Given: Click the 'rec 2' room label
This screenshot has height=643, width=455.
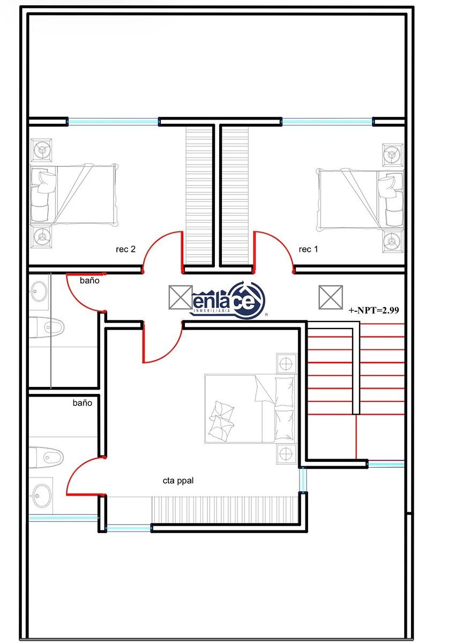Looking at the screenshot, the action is [125, 249].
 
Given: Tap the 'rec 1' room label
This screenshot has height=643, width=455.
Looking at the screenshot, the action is [308, 249].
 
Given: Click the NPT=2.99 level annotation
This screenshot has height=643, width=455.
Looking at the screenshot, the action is [374, 310].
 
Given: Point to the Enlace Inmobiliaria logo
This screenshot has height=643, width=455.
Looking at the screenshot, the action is [228, 300].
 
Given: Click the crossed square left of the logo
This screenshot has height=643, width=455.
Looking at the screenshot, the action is [181, 297].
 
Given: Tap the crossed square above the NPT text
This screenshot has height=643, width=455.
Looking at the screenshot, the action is [331, 297].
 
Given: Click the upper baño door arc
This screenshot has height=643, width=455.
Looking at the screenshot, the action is [78, 300].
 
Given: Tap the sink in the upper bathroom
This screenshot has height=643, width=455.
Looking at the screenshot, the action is [39, 291].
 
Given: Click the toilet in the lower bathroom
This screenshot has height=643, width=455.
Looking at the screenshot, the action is [47, 457].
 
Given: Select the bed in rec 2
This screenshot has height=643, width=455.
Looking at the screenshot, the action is [74, 195].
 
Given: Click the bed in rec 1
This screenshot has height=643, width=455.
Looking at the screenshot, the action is [360, 200].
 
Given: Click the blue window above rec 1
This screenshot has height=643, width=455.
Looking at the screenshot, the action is [327, 122].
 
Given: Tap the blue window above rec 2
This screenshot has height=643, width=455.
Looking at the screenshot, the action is [113, 122].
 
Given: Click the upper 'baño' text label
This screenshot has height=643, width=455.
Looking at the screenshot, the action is [89, 280].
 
